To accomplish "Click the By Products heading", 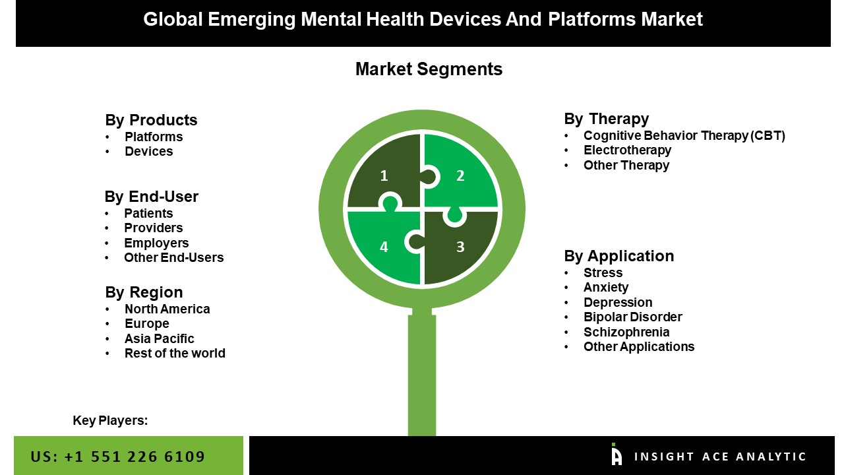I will (151, 120).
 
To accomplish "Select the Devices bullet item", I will (148, 151).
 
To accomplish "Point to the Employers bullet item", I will (156, 243).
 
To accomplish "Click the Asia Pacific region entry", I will (159, 338).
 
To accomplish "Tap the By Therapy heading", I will (606, 119).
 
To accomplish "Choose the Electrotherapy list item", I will (627, 150).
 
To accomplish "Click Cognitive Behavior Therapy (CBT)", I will (684, 135).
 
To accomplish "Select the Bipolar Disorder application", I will (632, 317).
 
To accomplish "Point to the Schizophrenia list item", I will (626, 332).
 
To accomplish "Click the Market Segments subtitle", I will (429, 69).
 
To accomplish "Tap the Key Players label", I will (110, 420).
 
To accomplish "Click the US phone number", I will (118, 457).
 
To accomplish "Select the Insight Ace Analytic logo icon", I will (616, 454).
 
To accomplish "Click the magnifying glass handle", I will (422, 373).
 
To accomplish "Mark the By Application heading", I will (618, 256).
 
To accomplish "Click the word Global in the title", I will (173, 19).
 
